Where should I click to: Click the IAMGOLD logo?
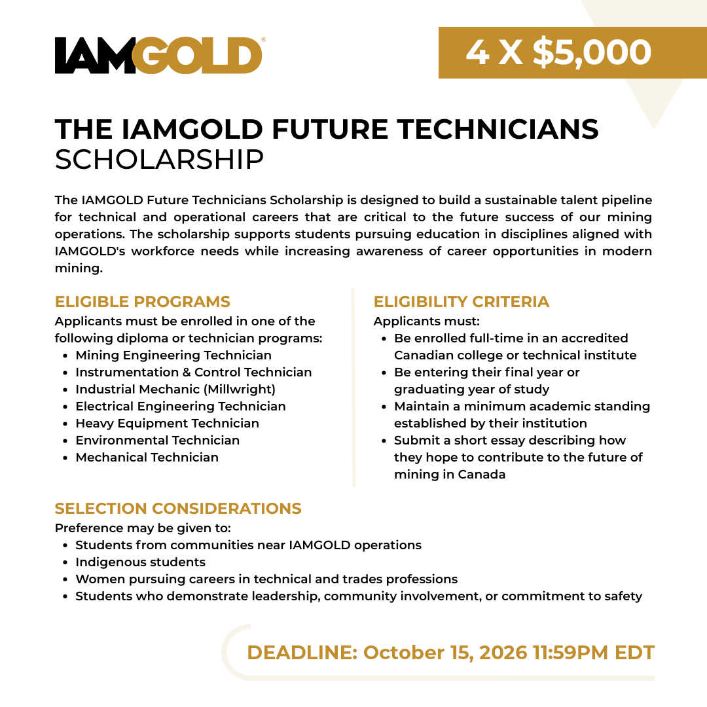(158, 55)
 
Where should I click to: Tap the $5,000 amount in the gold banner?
(592, 52)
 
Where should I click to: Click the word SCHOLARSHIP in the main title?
(159, 160)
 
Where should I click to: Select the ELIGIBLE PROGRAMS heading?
(143, 302)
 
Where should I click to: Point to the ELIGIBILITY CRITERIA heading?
(462, 302)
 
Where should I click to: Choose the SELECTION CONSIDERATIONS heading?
(178, 508)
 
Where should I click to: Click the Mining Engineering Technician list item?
(173, 355)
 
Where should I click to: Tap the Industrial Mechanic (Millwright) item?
(175, 389)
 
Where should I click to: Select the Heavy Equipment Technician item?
(168, 424)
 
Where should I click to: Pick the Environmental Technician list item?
(157, 440)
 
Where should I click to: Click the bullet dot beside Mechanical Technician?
(66, 458)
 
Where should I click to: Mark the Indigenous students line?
(140, 562)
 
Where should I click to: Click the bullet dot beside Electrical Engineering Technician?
(66, 407)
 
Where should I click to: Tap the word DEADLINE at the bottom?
(302, 653)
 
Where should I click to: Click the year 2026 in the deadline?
(503, 653)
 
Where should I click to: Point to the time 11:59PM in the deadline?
(570, 653)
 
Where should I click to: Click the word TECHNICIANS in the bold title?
(498, 129)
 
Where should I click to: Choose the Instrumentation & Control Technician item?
(193, 372)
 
